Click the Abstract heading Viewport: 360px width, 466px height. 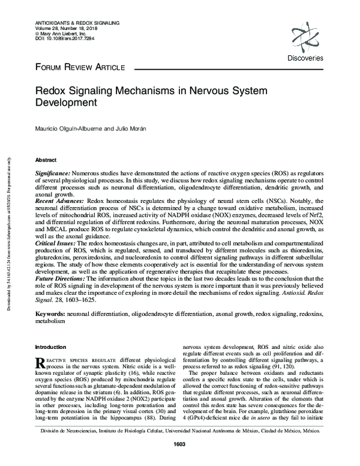[x=46, y=161]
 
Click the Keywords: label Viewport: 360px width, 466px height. [x=50, y=314]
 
